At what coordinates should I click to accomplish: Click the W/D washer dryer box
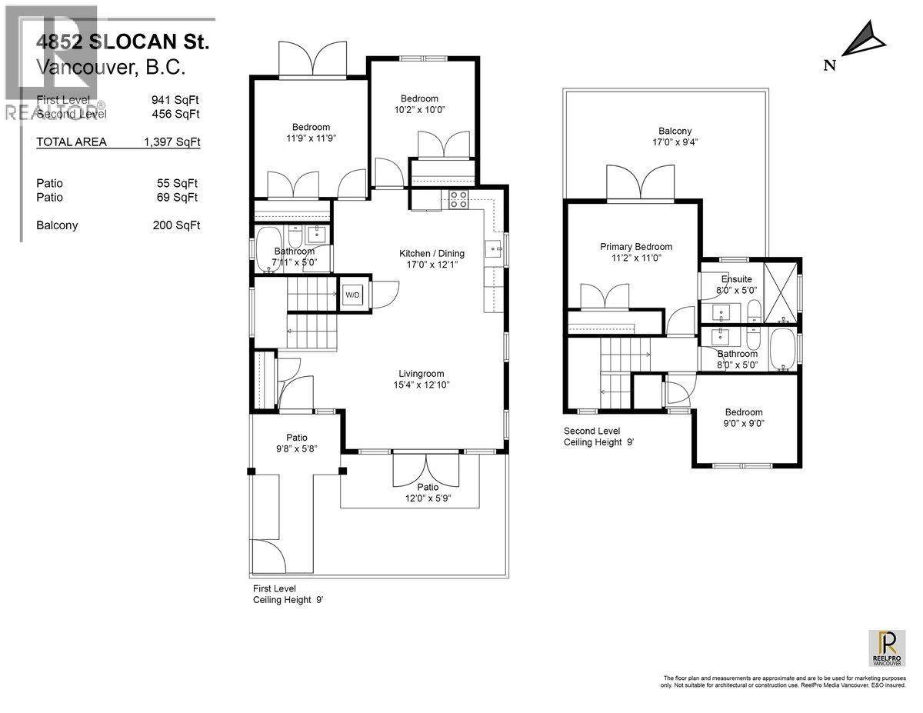pos(352,294)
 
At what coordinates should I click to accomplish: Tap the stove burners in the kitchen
pos(458,199)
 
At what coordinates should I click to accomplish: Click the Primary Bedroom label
pos(636,252)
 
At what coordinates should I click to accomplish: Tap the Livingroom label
pos(419,378)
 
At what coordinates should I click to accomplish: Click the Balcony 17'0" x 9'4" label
pos(675,136)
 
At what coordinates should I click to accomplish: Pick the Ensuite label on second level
pos(736,285)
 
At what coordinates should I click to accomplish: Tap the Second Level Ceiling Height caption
pos(599,436)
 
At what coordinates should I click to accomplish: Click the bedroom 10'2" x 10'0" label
pos(419,104)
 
